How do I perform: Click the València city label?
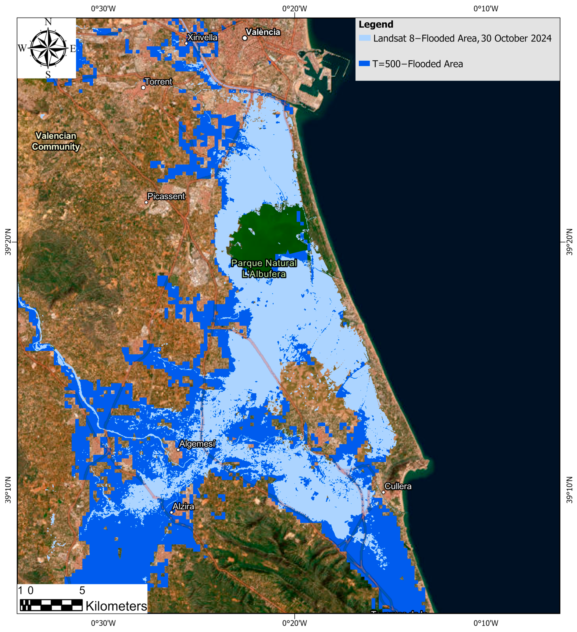click(x=263, y=32)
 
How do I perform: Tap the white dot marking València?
click(x=245, y=38)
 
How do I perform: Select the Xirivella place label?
click(x=202, y=37)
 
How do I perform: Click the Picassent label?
click(x=166, y=196)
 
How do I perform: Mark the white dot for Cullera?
click(x=383, y=492)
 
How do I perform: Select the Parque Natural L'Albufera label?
click(x=264, y=268)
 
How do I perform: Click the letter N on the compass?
click(x=48, y=22)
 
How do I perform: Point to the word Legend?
click(x=376, y=24)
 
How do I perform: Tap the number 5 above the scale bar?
click(x=82, y=591)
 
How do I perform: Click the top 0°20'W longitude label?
click(x=295, y=9)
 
